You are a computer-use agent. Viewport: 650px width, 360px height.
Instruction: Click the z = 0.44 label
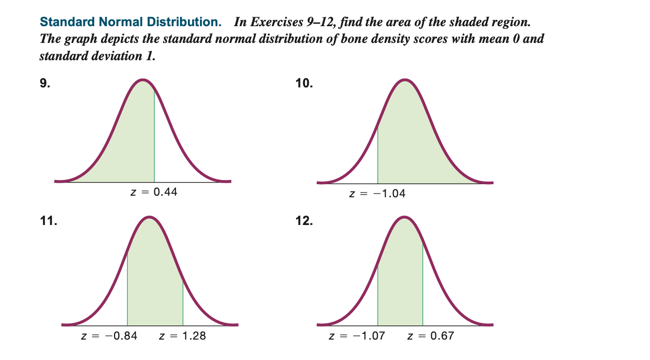153,192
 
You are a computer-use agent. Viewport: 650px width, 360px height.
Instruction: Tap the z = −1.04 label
377,194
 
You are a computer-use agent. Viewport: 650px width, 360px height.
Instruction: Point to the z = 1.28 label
182,336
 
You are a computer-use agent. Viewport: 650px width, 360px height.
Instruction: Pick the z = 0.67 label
431,336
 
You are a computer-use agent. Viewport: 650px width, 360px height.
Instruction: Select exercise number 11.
48,221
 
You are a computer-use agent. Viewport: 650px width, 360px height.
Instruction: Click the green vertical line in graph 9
154,136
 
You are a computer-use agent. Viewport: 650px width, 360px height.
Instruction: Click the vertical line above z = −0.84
127,288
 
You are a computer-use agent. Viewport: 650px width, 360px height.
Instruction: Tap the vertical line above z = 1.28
183,303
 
